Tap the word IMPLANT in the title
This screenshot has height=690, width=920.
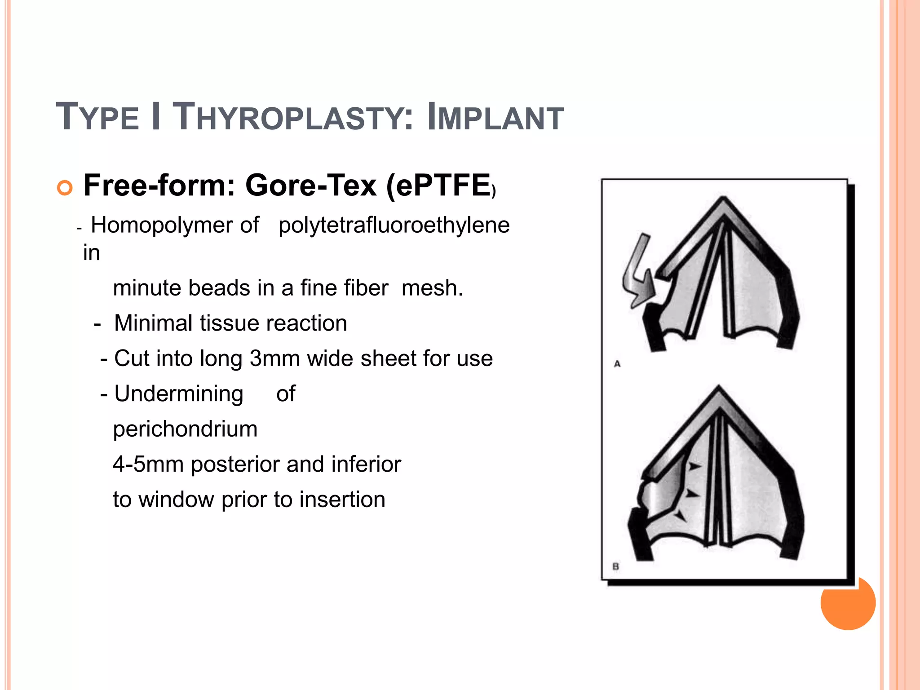tap(495, 117)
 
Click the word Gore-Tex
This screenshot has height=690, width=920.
tap(311, 185)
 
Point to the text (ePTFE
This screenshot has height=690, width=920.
tap(438, 185)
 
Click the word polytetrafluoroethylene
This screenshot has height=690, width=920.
tap(394, 225)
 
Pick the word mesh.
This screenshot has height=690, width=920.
tap(432, 287)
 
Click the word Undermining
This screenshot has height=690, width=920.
tap(179, 394)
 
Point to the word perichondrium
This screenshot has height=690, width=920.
tap(185, 429)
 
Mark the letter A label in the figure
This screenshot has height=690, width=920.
tap(617, 364)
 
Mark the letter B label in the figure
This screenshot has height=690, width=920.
tap(616, 567)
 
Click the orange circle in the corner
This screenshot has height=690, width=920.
tap(848, 604)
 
